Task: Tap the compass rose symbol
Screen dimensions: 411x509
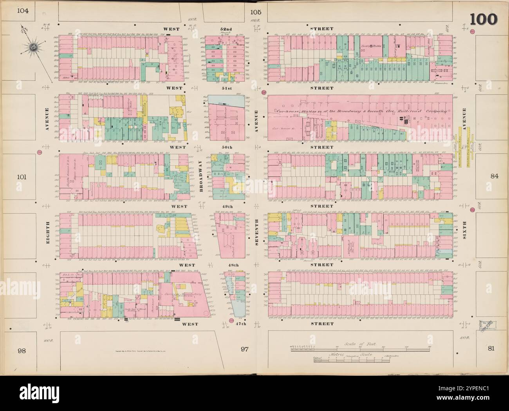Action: (33, 49)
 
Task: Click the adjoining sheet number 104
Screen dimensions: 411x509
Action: (23, 11)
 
